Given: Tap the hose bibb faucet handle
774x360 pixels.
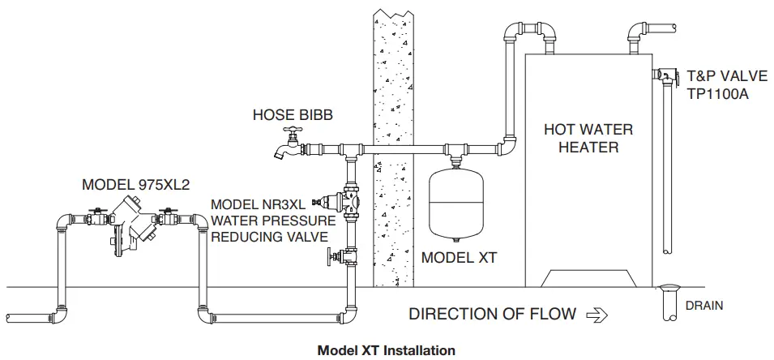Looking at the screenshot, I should click(x=289, y=132).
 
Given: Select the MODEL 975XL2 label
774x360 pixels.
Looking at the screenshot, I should click(x=135, y=185).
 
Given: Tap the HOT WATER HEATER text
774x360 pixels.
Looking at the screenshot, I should click(x=588, y=138).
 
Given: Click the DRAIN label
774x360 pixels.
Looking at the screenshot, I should click(x=705, y=306).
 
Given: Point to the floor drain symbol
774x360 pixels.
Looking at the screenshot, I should click(x=672, y=290).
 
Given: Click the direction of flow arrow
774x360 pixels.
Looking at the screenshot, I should click(x=595, y=315).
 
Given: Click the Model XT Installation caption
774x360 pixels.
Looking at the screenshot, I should click(x=386, y=350).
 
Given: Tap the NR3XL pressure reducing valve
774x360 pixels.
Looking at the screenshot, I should click(x=346, y=199).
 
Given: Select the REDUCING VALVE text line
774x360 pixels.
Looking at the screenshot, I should click(x=269, y=237).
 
